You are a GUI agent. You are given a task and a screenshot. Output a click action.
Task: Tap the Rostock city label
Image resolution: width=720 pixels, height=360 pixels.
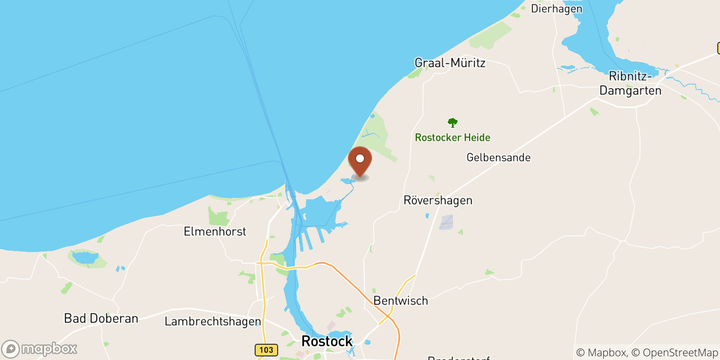pyautogui.click(x=327, y=341)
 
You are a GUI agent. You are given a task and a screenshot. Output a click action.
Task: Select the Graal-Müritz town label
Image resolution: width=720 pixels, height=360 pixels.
pyautogui.click(x=450, y=63)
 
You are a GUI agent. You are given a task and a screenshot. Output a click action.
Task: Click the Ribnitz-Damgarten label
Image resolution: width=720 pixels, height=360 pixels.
pyautogui.click(x=630, y=83)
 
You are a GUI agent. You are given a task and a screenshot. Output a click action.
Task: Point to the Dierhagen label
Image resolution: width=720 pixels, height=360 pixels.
pyautogui.click(x=557, y=9)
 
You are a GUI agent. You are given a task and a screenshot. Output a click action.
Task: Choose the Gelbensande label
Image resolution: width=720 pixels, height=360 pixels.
pyautogui.click(x=499, y=157)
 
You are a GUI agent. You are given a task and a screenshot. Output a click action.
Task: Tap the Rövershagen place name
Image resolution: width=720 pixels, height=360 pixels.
pyautogui.click(x=438, y=200)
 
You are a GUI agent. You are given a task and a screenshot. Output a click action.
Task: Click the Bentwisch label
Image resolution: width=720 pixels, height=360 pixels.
pyautogui.click(x=400, y=301)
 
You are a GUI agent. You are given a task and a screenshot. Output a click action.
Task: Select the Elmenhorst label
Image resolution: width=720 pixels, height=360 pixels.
pyautogui.click(x=215, y=231)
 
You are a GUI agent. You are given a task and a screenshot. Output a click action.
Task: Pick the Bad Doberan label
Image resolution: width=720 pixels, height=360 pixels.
pyautogui.click(x=101, y=319)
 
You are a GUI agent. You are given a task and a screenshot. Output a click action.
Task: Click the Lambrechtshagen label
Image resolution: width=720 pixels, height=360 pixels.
pyautogui.click(x=212, y=321)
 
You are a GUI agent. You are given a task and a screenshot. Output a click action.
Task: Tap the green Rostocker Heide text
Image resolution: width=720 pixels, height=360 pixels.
pyautogui.click(x=453, y=138)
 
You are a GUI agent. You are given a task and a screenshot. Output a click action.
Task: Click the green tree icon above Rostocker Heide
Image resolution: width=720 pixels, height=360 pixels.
pyautogui.click(x=453, y=122)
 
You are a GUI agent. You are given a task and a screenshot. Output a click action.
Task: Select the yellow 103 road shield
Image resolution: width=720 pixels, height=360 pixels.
pyautogui.click(x=266, y=350)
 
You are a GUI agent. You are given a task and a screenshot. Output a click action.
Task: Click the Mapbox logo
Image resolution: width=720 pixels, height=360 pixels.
pyautogui.click(x=40, y=349)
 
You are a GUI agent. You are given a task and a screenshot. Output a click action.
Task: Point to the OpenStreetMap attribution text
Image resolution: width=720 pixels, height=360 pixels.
pyautogui.click(x=680, y=353)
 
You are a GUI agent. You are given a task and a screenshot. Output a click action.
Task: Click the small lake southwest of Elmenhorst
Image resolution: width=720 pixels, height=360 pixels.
pyautogui.click(x=85, y=257)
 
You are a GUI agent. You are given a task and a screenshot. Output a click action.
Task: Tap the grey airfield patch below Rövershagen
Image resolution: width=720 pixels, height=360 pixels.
pyautogui.click(x=446, y=222)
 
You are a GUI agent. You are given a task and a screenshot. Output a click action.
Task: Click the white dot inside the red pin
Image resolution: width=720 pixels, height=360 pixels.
pyautogui.click(x=360, y=158)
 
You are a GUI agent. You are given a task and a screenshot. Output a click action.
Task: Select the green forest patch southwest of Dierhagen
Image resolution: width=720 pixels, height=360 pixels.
pyautogui.click(x=490, y=34)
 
